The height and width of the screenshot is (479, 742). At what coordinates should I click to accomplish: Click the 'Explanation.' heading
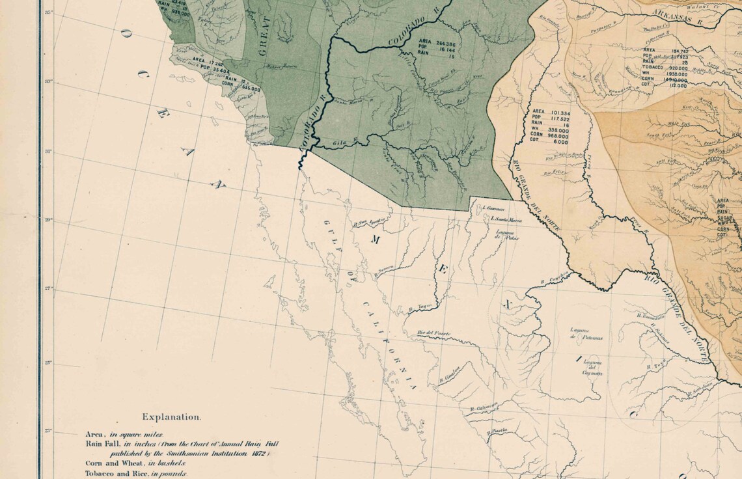172,417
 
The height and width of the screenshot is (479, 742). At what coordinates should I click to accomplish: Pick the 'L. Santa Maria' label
508,219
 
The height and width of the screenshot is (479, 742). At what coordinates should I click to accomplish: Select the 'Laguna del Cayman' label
593,368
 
